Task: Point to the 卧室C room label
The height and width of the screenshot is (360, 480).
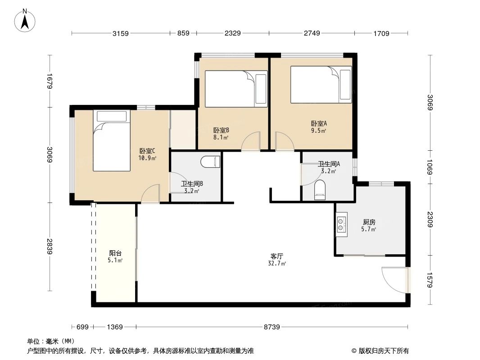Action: (x=148, y=151)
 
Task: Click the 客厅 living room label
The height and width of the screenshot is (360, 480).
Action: (x=277, y=256)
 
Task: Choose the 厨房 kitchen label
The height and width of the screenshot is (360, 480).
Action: (x=369, y=222)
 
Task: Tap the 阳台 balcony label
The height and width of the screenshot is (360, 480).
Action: (x=116, y=253)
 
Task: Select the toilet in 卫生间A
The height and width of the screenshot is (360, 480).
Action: (x=320, y=190)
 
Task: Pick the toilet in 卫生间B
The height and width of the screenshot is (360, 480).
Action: (x=210, y=162)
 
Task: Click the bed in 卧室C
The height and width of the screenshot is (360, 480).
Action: (x=112, y=140)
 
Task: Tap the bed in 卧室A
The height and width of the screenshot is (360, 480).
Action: (x=321, y=85)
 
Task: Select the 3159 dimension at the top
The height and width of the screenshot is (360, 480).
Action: (x=121, y=33)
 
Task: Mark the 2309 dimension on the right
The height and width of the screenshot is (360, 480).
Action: (x=430, y=219)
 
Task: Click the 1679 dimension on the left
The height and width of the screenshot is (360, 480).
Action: (x=50, y=81)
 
